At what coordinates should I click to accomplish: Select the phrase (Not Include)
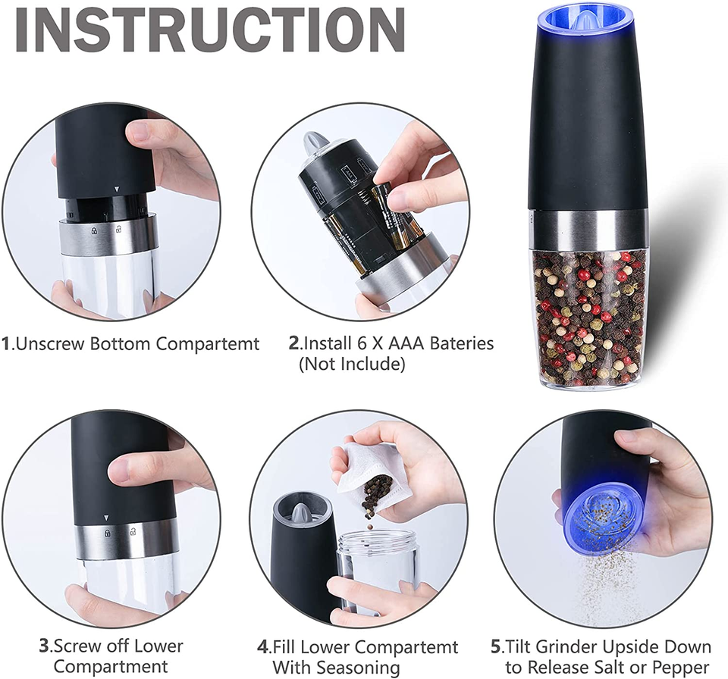pos(352,364)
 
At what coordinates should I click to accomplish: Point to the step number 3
pos(44,646)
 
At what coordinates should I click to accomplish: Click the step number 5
pos(496,646)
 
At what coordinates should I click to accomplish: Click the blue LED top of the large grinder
pos(588,23)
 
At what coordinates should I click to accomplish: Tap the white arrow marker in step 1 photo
pos(118,189)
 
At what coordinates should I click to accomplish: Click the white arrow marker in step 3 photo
pos(106,518)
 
